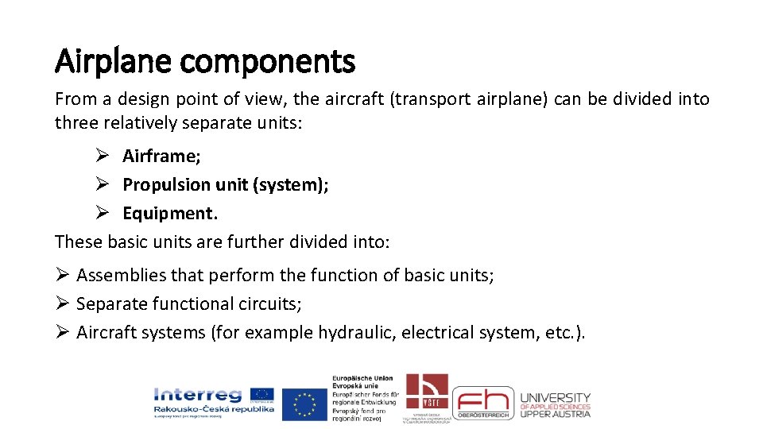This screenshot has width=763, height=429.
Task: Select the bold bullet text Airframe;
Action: [161, 156]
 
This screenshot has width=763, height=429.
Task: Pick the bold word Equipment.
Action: [169, 214]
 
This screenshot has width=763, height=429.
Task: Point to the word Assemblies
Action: [121, 276]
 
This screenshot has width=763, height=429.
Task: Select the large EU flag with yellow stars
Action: [304, 404]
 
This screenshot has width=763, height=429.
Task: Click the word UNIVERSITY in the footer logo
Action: [556, 397]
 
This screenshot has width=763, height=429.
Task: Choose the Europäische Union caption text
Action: [362, 379]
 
